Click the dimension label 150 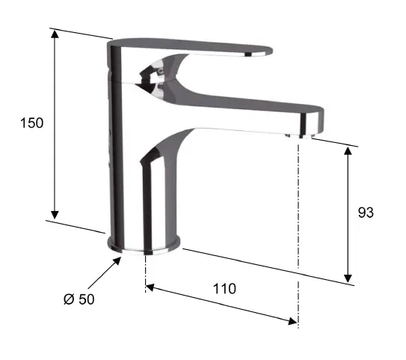32,123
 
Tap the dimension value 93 366,213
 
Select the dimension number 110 224,289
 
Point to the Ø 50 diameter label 79,299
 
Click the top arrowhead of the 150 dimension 55,34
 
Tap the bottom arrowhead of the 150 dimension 55,215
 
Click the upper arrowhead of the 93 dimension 348,150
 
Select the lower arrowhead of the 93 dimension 348,278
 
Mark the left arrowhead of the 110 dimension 150,287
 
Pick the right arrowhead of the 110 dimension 293,321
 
